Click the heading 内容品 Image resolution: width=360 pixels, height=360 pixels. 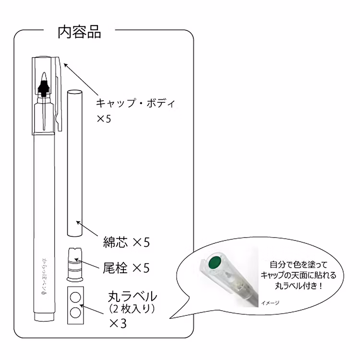[x=79, y=32]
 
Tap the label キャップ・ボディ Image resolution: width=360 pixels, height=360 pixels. [x=135, y=103]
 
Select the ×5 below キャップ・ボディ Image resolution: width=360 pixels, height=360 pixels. [x=104, y=119]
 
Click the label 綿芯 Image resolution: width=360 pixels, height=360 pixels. [x=115, y=242]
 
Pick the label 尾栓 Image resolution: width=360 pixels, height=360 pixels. [x=115, y=268]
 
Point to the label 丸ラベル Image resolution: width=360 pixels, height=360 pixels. [x=132, y=297]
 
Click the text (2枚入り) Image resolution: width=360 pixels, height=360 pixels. [x=132, y=309]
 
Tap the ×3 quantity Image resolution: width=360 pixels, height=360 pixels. [x=118, y=324]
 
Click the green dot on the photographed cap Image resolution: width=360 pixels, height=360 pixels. [x=215, y=262]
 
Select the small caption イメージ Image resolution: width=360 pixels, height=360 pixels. [x=270, y=303]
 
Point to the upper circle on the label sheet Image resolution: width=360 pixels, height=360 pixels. [x=75, y=298]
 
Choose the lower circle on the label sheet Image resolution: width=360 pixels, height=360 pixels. [x=75, y=312]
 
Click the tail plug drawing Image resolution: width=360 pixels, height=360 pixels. [x=75, y=264]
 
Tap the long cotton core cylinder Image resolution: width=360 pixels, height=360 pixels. [x=75, y=163]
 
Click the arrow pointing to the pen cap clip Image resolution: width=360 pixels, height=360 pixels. [x=81, y=79]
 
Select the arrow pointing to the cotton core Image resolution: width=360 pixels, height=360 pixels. [x=87, y=228]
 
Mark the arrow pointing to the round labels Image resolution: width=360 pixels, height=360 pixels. [x=91, y=309]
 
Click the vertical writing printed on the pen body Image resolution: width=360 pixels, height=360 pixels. [x=44, y=276]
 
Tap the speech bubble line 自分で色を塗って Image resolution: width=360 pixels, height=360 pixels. [x=298, y=264]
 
